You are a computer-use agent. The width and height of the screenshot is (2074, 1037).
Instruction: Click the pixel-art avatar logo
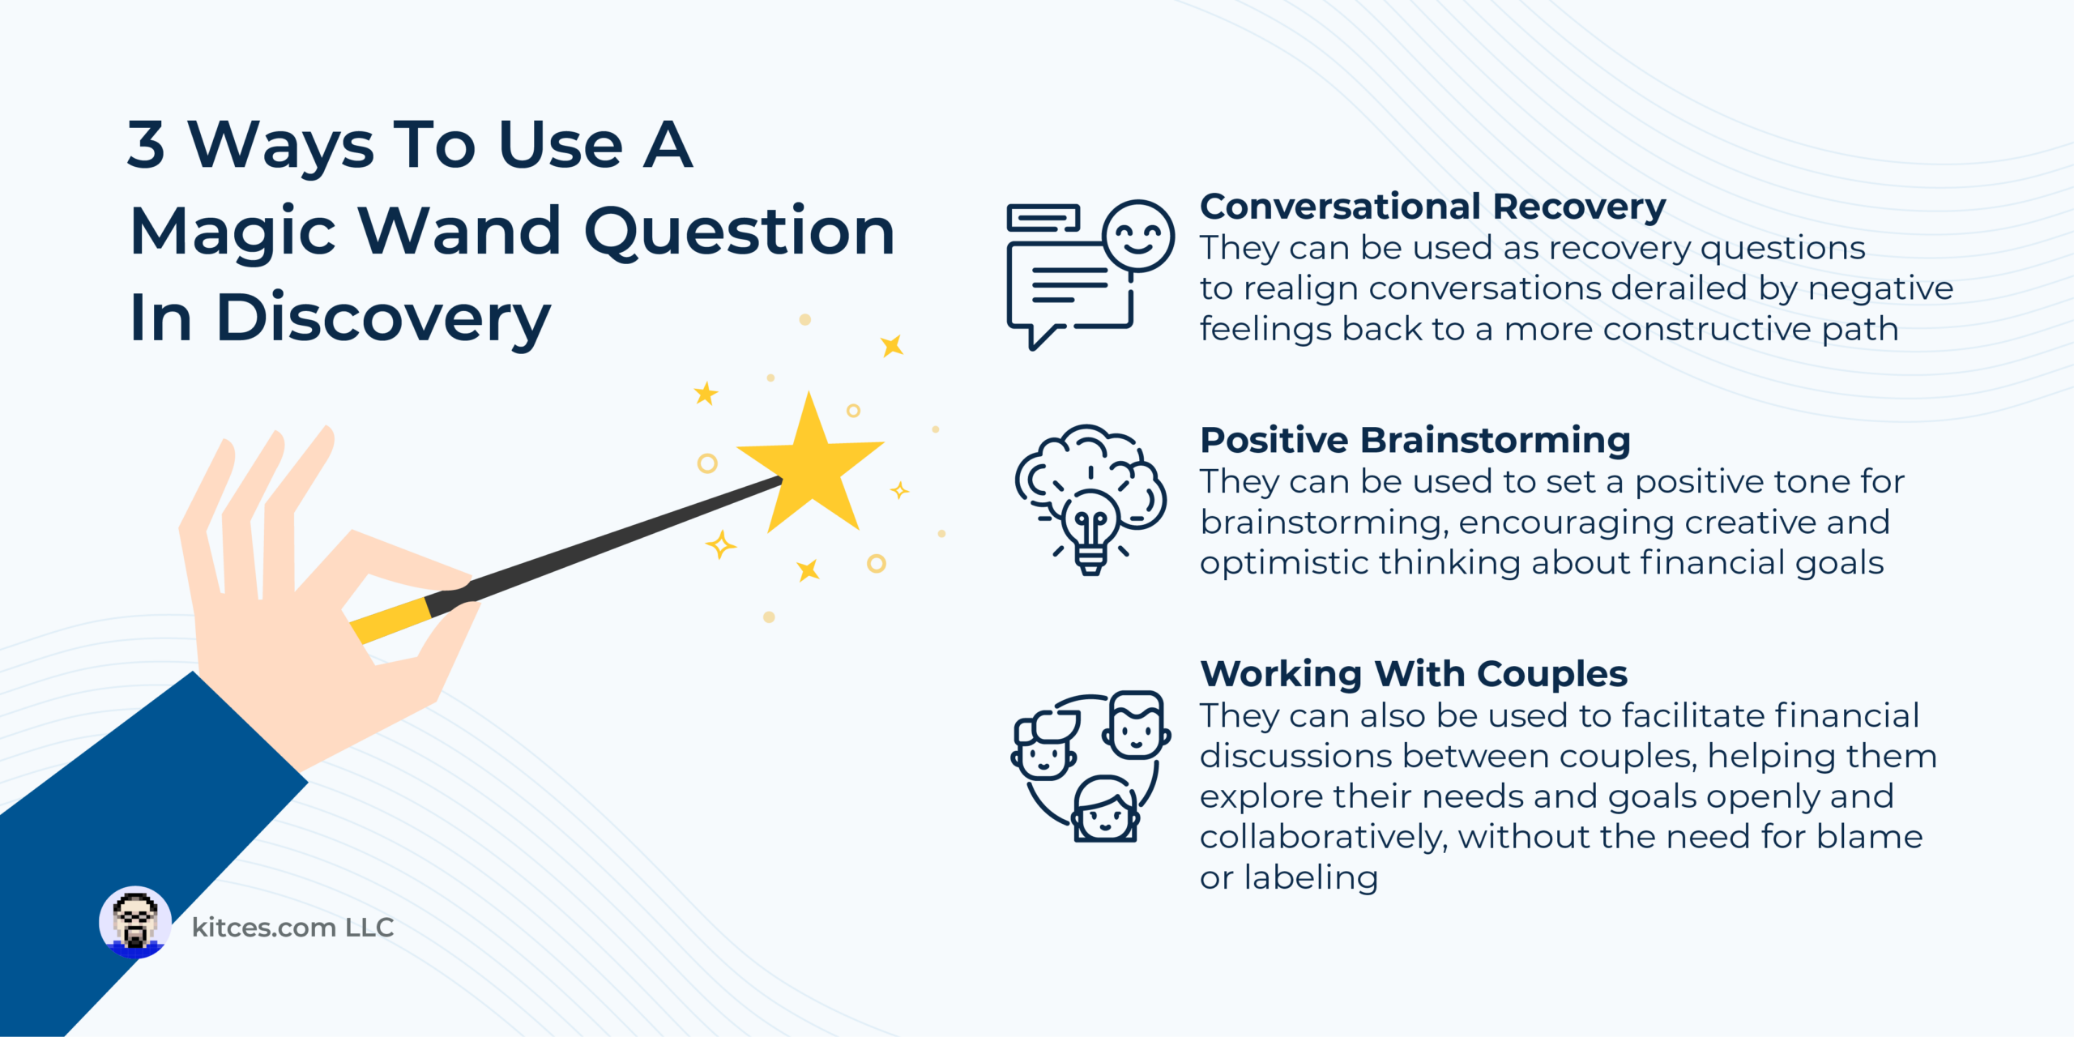point(135,923)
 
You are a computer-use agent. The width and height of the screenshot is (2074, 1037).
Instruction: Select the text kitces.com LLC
point(292,927)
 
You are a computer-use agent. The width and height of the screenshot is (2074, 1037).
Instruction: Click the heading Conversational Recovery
point(1432,207)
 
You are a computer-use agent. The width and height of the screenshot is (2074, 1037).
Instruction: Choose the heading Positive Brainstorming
point(1415,440)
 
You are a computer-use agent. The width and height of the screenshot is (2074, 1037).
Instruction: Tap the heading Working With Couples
point(1413,674)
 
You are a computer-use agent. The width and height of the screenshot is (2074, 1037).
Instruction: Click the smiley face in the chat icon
point(1139,237)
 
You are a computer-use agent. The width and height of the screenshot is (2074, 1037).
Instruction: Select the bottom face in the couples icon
point(1106,810)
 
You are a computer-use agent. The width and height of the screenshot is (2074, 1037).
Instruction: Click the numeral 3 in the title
point(147,144)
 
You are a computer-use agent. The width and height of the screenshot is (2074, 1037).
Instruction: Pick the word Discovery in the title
point(383,319)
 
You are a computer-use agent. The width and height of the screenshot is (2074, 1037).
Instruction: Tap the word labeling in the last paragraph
point(1311,877)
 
